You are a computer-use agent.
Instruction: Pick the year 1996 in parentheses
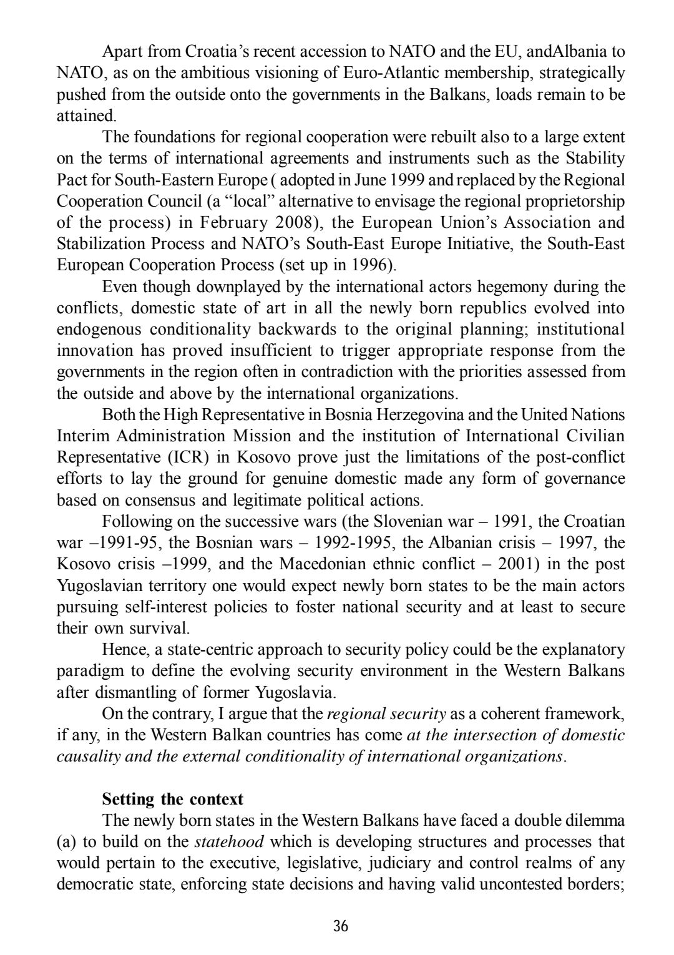click(372, 265)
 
